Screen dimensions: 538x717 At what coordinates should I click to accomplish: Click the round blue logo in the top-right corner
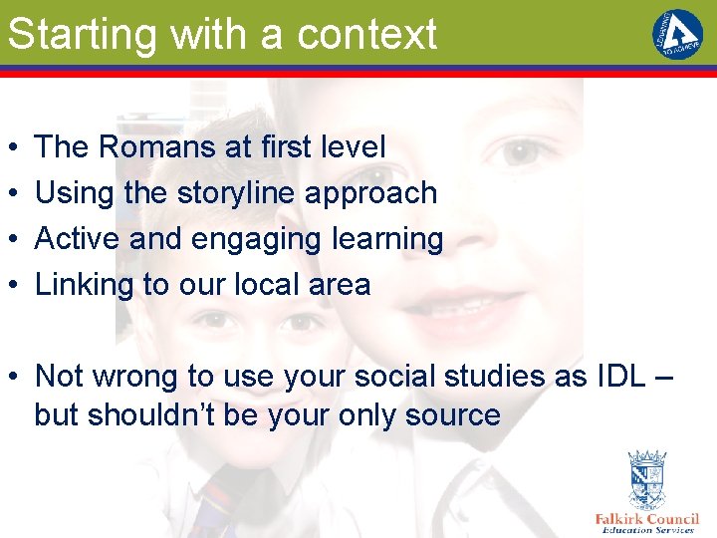tap(677, 34)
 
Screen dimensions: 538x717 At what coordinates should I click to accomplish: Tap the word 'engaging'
tap(245, 239)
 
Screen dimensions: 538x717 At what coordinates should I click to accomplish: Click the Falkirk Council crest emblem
tap(646, 480)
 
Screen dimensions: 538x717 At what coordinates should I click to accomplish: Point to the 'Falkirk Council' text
tap(646, 519)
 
